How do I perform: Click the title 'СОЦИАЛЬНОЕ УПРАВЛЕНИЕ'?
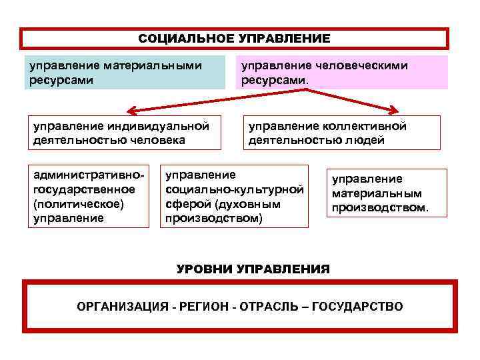[234, 39]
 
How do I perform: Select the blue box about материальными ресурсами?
[125, 73]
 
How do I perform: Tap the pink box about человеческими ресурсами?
[341, 73]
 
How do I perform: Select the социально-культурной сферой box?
[236, 196]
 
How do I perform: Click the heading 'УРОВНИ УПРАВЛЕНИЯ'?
[253, 269]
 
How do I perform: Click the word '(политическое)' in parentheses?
[70, 203]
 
